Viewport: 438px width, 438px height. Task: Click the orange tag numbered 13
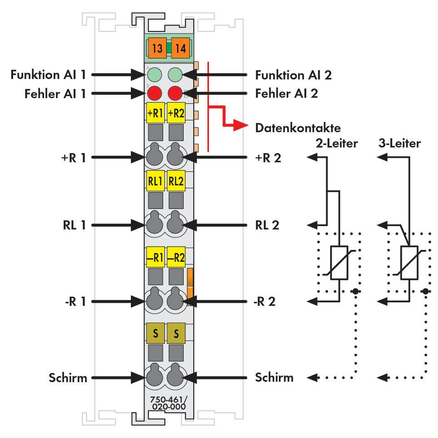pos(157,49)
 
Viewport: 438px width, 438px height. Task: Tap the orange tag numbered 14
pos(180,49)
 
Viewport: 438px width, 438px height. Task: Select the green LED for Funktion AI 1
pos(154,75)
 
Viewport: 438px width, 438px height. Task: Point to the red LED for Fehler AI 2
pos(175,94)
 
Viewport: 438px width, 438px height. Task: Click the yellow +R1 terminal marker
pos(154,114)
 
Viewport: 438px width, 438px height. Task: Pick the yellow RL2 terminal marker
pos(175,181)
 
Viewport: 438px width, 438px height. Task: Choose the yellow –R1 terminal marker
pos(154,258)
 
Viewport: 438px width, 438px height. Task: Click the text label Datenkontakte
pos(298,128)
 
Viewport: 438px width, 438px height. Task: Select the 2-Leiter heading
pos(337,144)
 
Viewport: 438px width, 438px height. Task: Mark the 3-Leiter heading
pos(399,144)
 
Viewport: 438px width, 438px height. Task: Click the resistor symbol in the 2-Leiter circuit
pos(339,263)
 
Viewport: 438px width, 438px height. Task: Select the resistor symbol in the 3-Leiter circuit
pos(409,263)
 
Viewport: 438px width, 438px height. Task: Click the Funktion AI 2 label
pos(293,75)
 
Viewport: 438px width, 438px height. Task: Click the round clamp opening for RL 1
pos(154,224)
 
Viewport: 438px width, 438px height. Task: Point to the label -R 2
pos(265,301)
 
